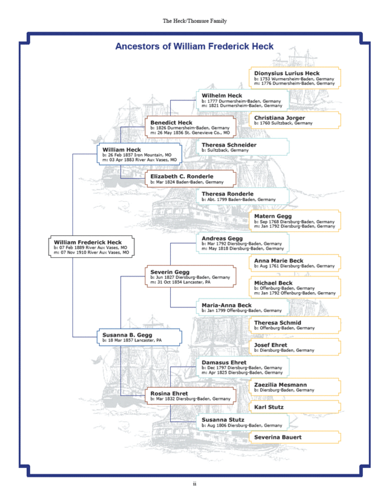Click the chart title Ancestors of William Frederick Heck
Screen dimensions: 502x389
point(194,46)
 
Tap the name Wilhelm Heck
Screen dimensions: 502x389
point(222,95)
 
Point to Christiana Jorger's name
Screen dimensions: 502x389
point(280,118)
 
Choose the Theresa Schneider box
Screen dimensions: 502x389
point(243,147)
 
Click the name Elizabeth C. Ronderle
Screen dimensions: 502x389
point(182,176)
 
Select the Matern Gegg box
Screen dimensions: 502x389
point(294,220)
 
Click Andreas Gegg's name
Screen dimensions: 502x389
point(222,238)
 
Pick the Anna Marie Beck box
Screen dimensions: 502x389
point(294,263)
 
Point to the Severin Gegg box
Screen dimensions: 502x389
point(190,276)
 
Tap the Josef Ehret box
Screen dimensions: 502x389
point(294,347)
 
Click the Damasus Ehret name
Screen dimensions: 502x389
point(224,363)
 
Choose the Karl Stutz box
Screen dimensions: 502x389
point(294,407)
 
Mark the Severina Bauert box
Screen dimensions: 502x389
point(294,437)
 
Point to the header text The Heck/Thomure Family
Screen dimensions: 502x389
point(194,21)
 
